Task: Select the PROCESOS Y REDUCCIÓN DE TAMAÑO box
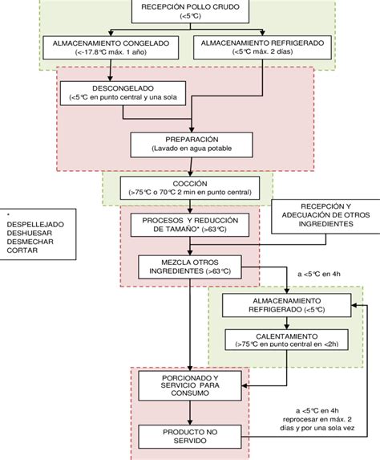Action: (x=190, y=224)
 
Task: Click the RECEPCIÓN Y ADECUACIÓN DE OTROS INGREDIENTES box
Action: (x=323, y=217)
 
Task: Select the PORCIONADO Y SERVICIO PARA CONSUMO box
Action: (x=189, y=384)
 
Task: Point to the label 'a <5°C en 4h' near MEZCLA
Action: (x=320, y=274)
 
